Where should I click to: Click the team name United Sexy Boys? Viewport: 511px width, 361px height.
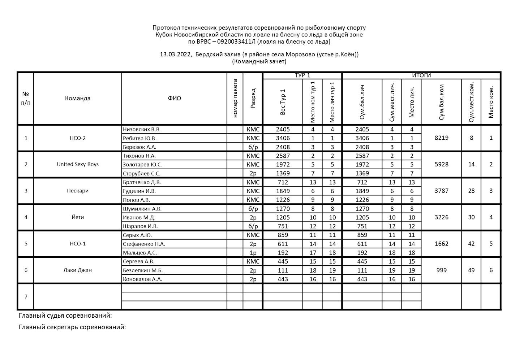point(78,164)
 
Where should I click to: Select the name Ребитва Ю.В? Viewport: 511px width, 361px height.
point(139,138)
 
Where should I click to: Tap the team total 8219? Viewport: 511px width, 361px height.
point(441,138)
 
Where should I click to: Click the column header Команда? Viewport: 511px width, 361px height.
point(78,98)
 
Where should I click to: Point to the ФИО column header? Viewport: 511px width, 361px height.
point(174,98)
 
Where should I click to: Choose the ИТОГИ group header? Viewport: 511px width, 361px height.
point(421,75)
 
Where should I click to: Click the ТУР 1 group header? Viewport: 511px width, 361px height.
point(302,75)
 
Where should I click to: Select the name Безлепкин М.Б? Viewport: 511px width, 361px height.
point(143,270)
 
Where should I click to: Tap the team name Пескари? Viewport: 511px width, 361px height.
point(78,191)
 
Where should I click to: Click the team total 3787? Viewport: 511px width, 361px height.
point(441,191)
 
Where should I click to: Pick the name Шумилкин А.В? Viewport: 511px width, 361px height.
point(142,209)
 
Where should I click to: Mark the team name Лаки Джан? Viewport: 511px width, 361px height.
point(78,270)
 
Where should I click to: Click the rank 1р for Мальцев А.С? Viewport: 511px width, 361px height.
point(253,253)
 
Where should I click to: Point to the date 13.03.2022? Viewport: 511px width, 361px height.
point(175,55)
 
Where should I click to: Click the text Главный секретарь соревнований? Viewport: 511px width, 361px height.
point(72,327)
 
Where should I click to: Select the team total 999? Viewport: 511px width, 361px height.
point(441,270)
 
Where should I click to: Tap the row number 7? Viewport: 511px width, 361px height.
point(26,297)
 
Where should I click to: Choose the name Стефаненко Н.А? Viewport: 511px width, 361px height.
point(144,244)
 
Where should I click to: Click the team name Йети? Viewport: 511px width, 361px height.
point(78,217)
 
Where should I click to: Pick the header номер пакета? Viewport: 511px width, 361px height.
point(235,98)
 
